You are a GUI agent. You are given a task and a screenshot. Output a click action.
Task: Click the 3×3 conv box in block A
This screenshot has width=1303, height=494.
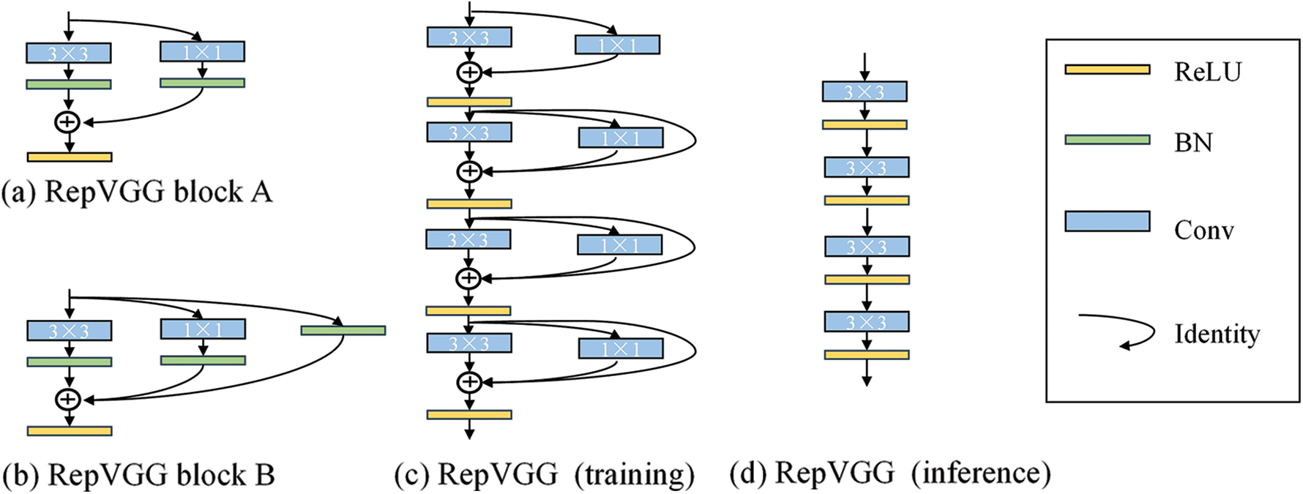(x=69, y=53)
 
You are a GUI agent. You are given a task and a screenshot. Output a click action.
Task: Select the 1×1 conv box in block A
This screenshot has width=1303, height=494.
(x=202, y=51)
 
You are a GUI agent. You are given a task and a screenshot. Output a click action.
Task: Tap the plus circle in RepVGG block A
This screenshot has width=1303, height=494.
(x=67, y=121)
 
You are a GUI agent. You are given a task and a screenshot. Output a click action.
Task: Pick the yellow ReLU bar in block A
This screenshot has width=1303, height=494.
(x=70, y=157)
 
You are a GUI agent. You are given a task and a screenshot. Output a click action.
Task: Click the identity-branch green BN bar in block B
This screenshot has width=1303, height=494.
(x=343, y=331)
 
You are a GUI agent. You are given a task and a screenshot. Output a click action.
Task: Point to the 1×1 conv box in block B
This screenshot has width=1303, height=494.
(x=203, y=329)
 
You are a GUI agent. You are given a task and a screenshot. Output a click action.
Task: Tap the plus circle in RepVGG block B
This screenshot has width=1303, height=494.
(x=68, y=399)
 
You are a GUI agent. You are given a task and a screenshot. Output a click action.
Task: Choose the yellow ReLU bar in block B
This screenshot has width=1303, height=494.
(x=70, y=431)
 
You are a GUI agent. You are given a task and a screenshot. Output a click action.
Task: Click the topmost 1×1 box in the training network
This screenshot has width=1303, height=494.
(x=617, y=45)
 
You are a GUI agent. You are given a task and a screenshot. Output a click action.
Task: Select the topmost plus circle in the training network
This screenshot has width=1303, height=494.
(x=469, y=72)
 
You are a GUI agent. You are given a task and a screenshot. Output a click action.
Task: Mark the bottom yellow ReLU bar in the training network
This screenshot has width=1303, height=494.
(x=469, y=415)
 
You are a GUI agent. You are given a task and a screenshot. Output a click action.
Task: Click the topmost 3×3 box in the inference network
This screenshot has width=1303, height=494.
(x=865, y=91)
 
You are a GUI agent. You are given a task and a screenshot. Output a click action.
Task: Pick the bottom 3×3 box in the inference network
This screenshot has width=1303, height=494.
(x=867, y=321)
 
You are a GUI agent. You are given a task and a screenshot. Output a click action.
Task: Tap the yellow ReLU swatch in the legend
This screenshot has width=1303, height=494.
(x=1107, y=70)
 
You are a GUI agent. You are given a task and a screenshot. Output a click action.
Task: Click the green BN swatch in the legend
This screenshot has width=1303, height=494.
(x=1107, y=139)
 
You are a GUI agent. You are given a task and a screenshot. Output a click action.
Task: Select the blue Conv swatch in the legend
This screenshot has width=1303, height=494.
(x=1107, y=221)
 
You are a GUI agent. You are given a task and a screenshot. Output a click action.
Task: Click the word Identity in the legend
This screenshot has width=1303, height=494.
(x=1217, y=334)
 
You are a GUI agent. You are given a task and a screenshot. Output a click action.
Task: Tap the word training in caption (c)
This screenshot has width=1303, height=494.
(x=634, y=474)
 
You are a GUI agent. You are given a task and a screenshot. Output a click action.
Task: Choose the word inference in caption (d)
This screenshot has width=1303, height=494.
(x=981, y=473)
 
